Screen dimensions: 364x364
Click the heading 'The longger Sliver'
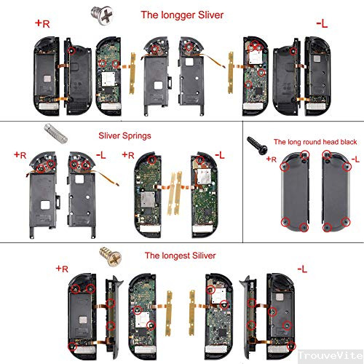coord(181,14)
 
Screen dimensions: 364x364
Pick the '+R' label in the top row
coord(41,23)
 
